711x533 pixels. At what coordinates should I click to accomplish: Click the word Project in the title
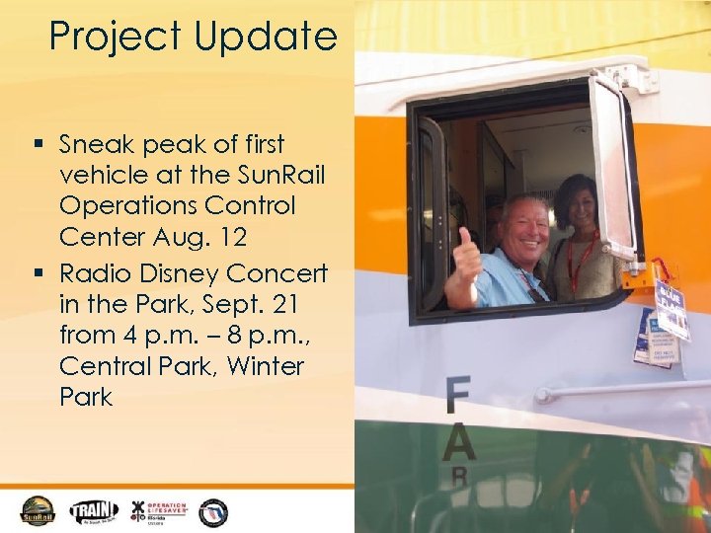(108, 38)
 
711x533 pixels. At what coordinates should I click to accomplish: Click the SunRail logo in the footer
(39, 510)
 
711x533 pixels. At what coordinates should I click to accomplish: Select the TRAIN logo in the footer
(94, 510)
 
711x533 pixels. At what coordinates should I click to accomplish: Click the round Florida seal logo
(212, 511)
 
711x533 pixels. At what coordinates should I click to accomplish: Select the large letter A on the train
(458, 443)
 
